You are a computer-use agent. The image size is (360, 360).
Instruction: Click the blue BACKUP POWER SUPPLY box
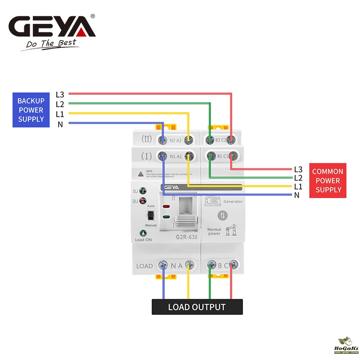pos(31,110)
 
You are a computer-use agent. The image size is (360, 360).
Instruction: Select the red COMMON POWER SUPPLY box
pos(328,180)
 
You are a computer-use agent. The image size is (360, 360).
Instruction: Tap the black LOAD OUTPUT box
pos(197,307)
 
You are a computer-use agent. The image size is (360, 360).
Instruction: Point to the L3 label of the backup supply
pos(60,94)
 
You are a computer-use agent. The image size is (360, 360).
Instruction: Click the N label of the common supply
pos(297,195)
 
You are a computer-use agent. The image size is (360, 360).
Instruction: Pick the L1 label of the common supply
pos(298,186)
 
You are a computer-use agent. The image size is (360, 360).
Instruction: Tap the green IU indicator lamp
pos(143,191)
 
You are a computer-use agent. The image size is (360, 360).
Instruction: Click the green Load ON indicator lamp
pos(143,234)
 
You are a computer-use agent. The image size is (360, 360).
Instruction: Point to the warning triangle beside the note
pos(141,173)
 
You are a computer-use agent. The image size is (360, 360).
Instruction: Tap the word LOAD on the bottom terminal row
pos(145,266)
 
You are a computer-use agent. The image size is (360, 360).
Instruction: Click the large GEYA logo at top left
pos(52,27)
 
